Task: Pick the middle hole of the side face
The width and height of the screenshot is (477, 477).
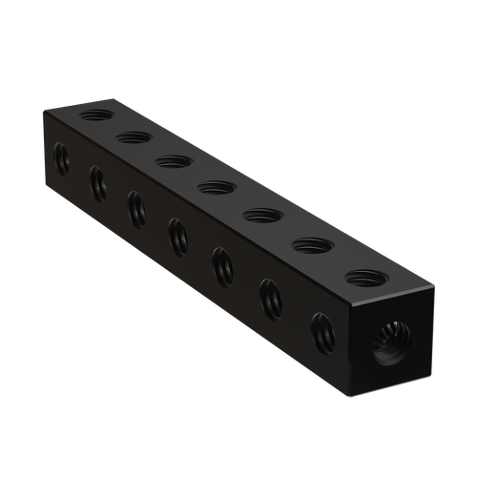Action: (x=176, y=229)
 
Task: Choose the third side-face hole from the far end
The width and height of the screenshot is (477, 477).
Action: (x=135, y=202)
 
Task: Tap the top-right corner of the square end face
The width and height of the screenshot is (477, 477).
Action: (x=436, y=284)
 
